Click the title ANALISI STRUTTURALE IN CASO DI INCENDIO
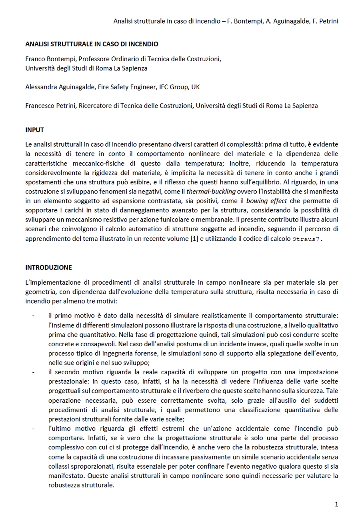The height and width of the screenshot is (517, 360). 92,44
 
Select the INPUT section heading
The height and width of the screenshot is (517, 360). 34,130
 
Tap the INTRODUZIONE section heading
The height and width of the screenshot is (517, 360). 48,267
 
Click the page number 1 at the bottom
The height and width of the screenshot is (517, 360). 336,504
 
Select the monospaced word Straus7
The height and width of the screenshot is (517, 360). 307,239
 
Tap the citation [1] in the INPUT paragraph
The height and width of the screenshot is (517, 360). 194,239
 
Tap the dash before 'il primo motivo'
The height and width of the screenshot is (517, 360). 33,315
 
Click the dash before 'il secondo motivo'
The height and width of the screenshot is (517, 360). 33,372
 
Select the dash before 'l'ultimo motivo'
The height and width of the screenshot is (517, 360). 33,429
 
